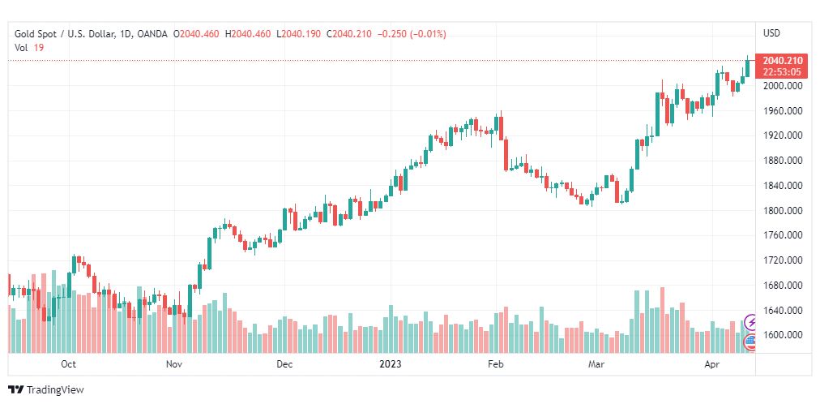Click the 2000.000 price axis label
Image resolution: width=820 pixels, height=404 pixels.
click(x=782, y=86)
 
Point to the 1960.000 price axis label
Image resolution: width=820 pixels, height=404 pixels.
click(x=782, y=111)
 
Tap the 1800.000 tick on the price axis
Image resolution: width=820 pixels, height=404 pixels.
click(x=782, y=211)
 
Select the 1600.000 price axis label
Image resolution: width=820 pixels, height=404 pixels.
click(x=782, y=335)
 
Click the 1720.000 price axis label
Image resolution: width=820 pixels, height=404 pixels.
click(x=782, y=260)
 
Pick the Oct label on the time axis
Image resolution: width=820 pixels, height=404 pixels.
click(x=69, y=365)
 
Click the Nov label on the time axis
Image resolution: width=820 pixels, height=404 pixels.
click(x=174, y=365)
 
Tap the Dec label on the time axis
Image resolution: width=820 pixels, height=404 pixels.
click(x=284, y=365)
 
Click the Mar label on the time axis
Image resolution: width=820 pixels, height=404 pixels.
click(x=597, y=365)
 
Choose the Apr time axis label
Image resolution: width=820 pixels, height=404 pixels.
click(x=711, y=365)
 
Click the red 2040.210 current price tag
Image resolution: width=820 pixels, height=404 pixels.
click(x=783, y=61)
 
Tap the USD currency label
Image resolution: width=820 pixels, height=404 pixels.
click(x=771, y=33)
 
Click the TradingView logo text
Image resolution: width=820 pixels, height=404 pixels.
click(x=53, y=390)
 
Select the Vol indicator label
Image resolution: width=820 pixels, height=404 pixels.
click(x=21, y=48)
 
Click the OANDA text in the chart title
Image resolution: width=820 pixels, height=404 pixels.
click(x=152, y=34)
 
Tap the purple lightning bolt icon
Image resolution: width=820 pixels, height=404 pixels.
click(x=750, y=322)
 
